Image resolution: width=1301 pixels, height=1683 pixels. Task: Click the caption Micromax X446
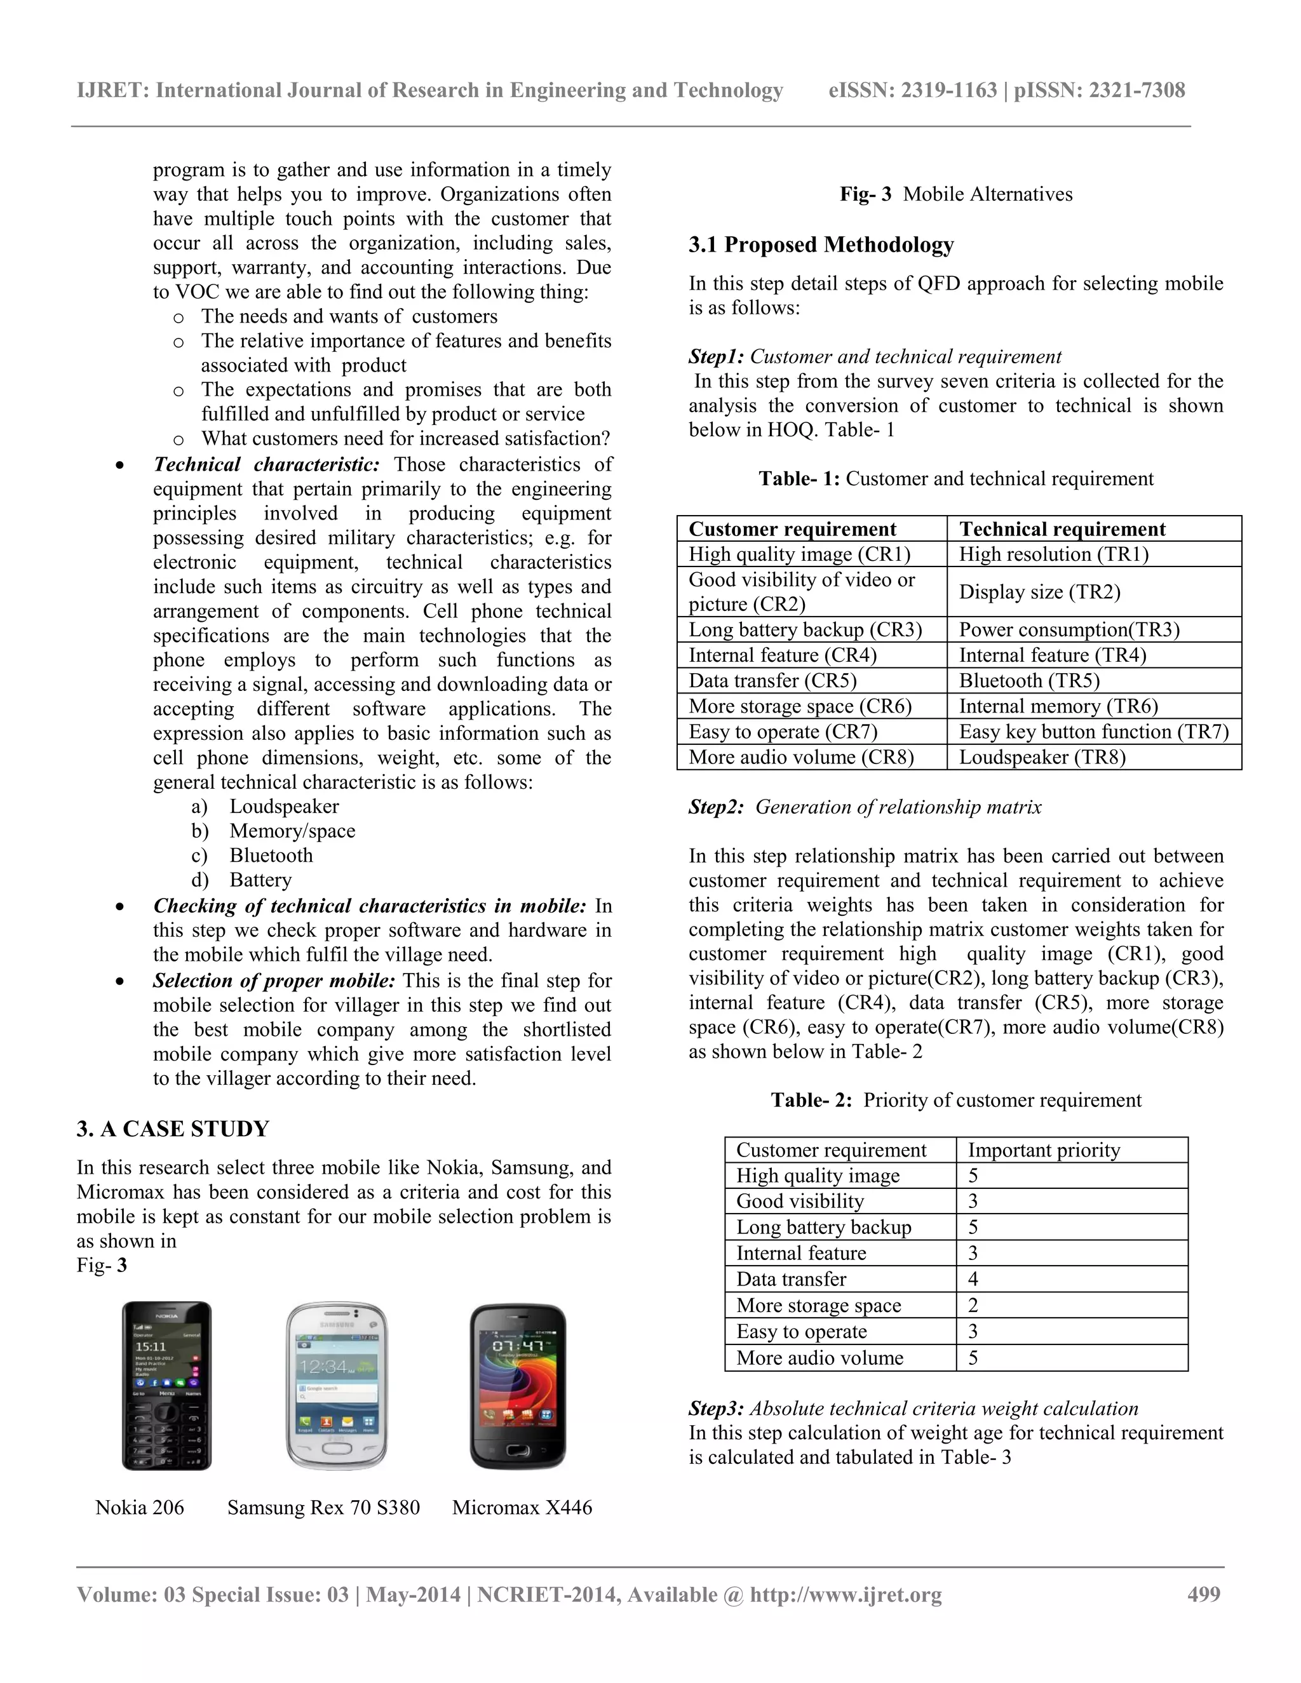[x=522, y=1507]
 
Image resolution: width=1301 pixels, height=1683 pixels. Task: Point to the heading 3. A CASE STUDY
[x=173, y=1129]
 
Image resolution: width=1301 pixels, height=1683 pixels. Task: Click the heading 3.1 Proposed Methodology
[x=821, y=245]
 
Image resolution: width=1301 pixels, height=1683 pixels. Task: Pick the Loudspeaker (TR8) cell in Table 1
[x=1042, y=757]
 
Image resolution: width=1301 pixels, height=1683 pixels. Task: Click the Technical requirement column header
[x=1062, y=528]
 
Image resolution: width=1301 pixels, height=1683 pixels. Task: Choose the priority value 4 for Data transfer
[x=973, y=1279]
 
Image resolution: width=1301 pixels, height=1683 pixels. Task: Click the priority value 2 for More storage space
[x=973, y=1305]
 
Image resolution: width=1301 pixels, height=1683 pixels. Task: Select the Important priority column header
[x=1044, y=1150]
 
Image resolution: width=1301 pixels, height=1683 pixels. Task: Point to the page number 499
[x=1204, y=1594]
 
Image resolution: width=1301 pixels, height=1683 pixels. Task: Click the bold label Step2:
[x=716, y=807]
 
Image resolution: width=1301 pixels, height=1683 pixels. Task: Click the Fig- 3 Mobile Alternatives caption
[x=955, y=194]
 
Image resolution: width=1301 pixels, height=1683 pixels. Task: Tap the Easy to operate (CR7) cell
[x=782, y=731]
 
